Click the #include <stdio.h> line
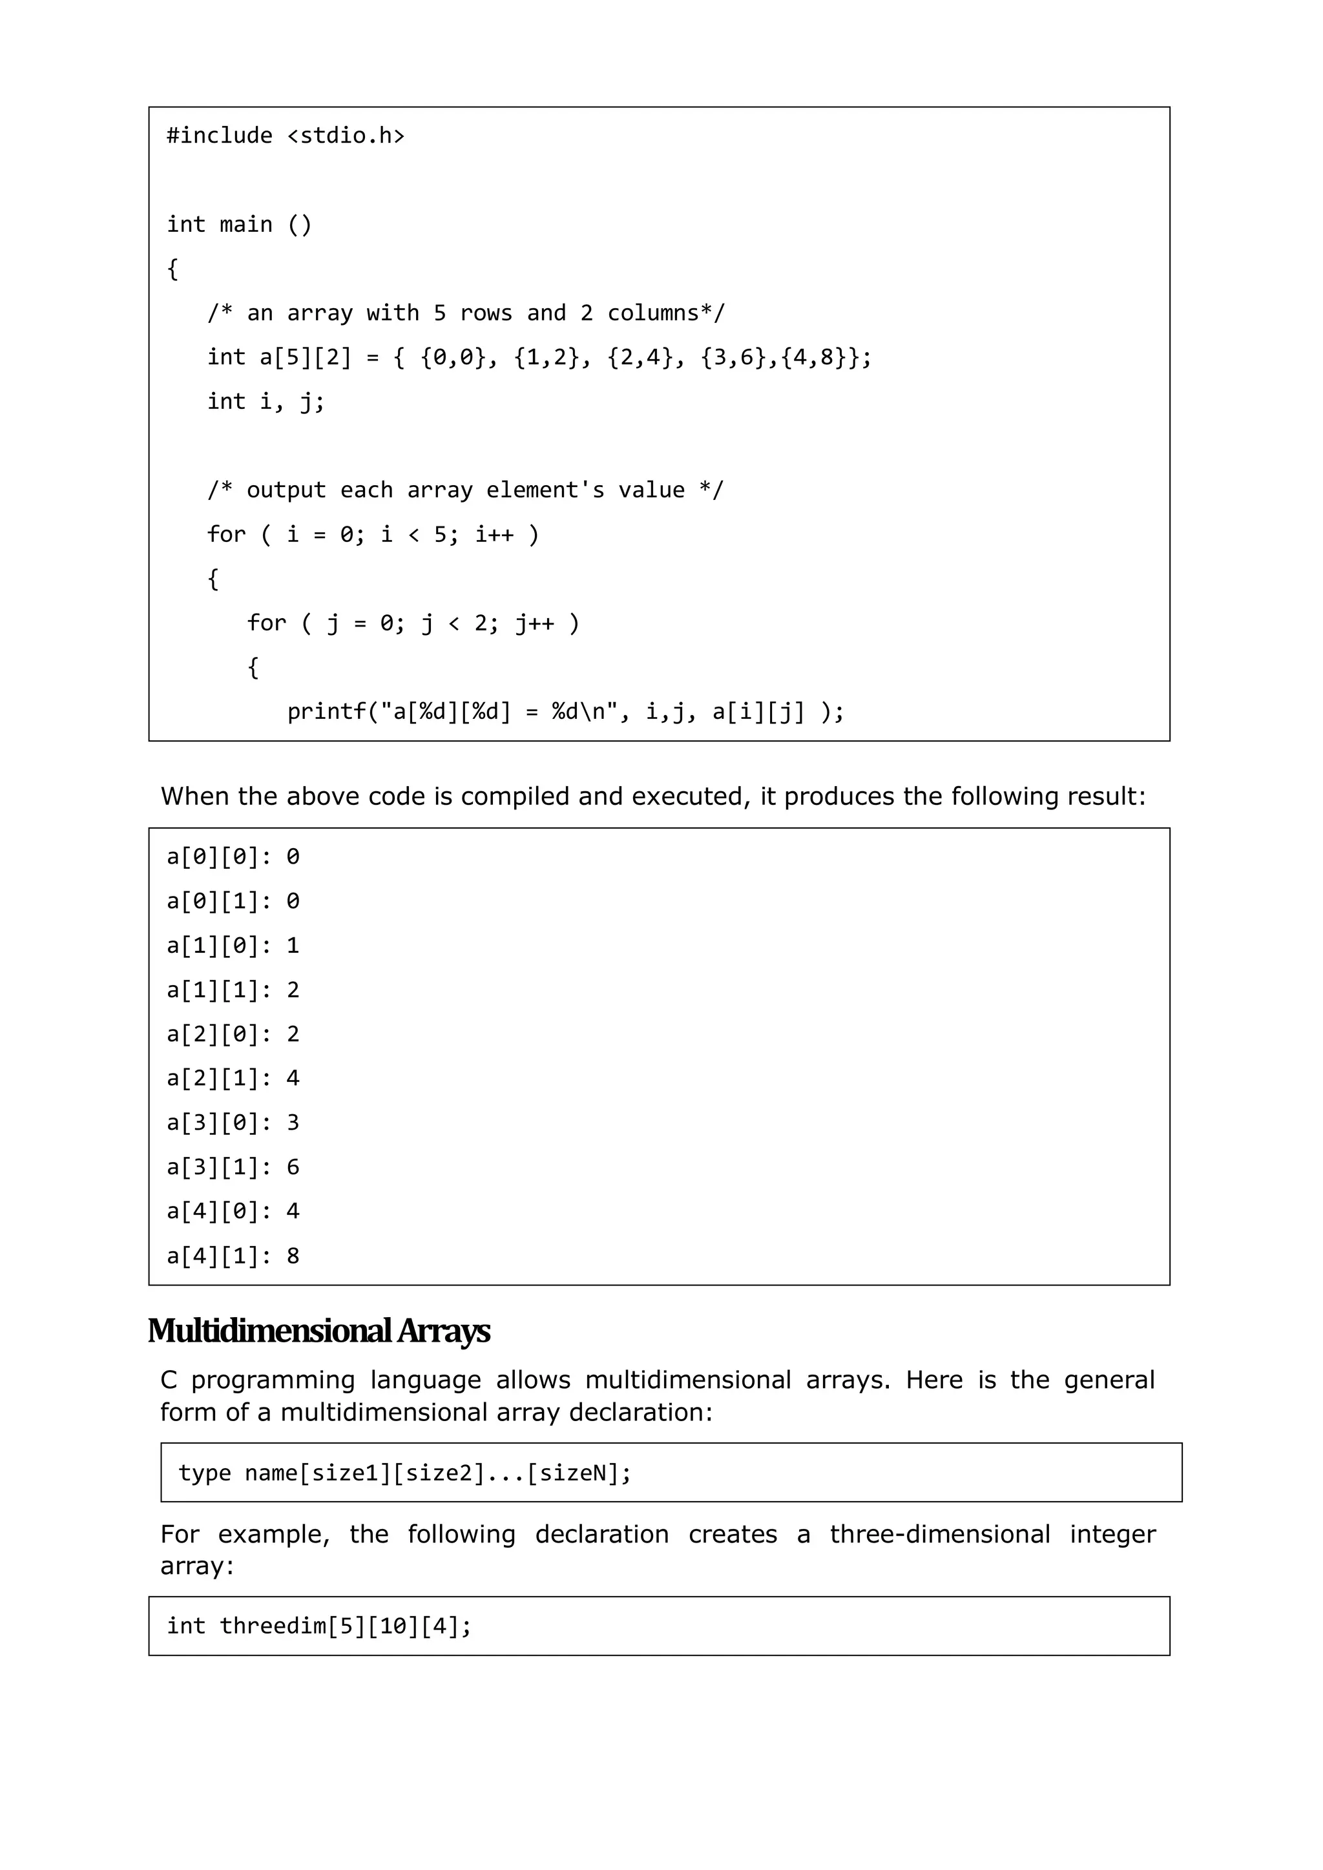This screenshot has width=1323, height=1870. (285, 135)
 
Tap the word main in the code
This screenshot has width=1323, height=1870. (246, 224)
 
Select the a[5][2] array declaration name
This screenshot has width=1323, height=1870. (306, 358)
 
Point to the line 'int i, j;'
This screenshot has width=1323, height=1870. (266, 402)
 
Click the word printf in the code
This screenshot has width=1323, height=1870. (327, 712)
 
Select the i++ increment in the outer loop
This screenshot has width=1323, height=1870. (494, 535)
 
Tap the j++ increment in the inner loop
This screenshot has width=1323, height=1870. (534, 624)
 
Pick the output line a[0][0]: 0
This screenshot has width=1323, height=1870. (233, 857)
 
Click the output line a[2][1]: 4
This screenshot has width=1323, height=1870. (233, 1078)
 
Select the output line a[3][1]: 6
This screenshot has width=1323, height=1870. (233, 1167)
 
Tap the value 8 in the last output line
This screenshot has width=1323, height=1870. (293, 1256)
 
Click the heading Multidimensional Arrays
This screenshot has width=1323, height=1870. (318, 1331)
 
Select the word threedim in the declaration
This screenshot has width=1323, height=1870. (273, 1626)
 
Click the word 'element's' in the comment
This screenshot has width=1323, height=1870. (545, 490)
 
